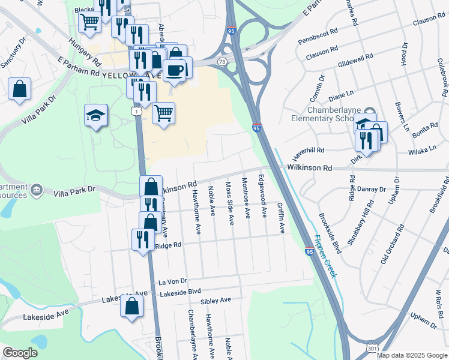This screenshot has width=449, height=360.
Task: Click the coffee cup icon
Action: tap(175, 70)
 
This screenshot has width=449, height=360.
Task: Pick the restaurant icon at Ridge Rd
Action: tap(143, 240)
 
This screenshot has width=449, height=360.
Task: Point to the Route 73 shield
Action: tap(222, 62)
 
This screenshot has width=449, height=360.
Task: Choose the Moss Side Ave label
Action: tap(229, 203)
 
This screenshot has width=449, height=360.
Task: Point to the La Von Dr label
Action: tap(173, 281)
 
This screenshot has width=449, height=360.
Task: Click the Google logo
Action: tap(20, 353)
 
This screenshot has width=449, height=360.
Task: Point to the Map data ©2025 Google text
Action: tap(412, 355)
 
